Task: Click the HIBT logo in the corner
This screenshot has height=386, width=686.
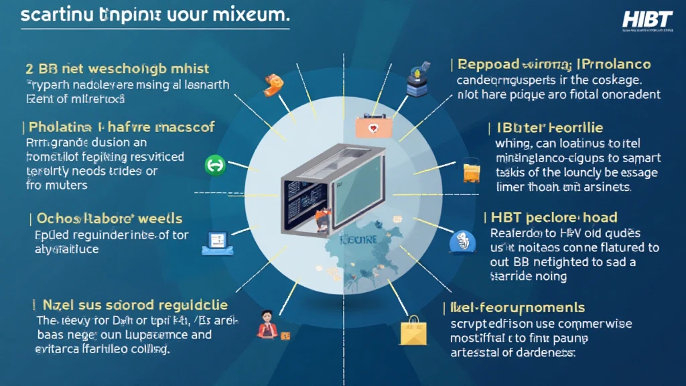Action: click(x=646, y=20)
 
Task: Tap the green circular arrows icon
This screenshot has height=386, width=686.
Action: click(x=216, y=164)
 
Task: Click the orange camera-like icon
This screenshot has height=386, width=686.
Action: click(x=274, y=83)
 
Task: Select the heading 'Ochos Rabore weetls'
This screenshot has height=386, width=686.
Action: click(x=109, y=219)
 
